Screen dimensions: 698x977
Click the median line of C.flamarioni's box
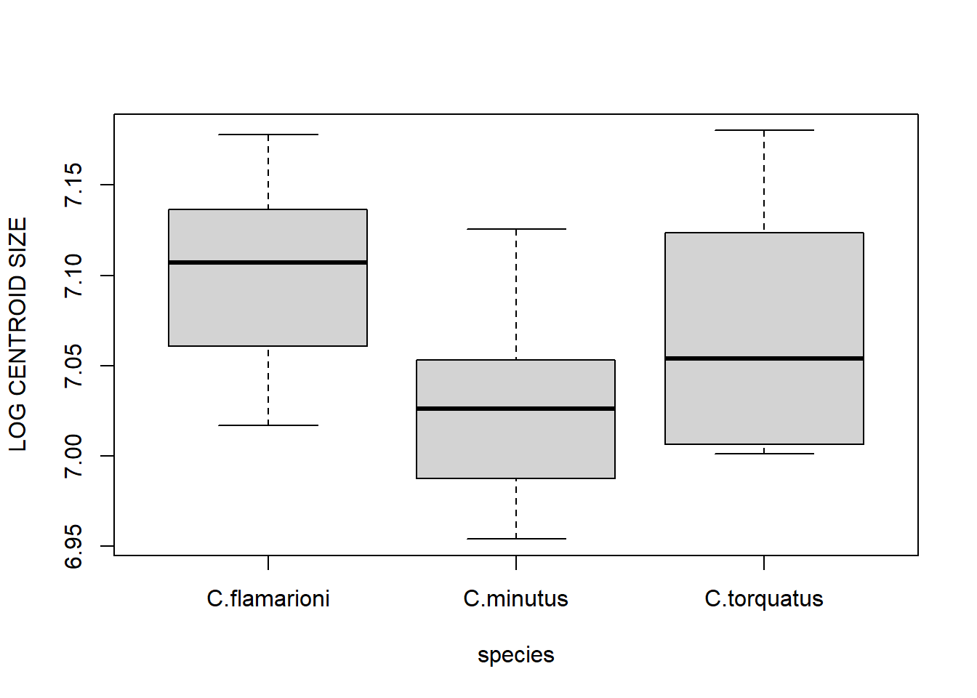click(268, 262)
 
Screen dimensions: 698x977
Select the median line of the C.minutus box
click(515, 409)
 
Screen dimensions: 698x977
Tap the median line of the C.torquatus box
click(764, 358)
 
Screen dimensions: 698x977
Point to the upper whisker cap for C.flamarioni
click(268, 135)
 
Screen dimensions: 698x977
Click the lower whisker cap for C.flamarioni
click(268, 425)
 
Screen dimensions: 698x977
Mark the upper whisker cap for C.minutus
click(515, 229)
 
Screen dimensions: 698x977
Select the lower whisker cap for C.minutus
click(515, 539)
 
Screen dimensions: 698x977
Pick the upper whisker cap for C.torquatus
click(764, 130)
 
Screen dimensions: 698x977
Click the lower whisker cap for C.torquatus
click(764, 454)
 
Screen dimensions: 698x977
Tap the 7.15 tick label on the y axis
click(73, 185)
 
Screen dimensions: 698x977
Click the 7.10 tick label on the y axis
click(73, 276)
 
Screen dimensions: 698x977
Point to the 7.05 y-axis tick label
click(73, 366)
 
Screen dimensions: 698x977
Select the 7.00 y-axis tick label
click(73, 456)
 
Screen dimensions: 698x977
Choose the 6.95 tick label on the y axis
click(73, 546)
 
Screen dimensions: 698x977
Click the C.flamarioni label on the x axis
click(268, 599)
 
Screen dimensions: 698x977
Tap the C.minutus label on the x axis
click(515, 599)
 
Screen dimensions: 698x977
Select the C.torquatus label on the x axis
click(764, 599)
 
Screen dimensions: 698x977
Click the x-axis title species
click(515, 655)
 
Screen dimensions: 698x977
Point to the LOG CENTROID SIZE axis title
click(17, 334)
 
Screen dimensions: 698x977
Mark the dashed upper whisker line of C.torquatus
click(764, 181)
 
